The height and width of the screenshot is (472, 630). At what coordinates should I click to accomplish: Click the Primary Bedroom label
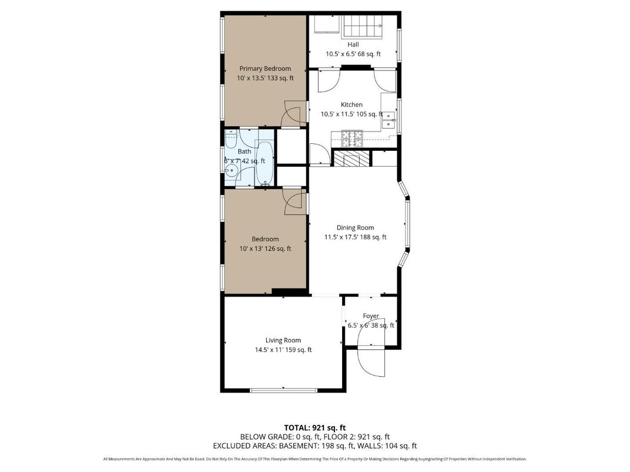click(264, 69)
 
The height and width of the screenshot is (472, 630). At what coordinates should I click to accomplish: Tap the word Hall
click(353, 44)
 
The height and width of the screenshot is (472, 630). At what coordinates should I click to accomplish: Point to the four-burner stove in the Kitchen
click(354, 139)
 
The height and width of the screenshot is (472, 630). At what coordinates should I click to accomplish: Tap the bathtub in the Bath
click(264, 163)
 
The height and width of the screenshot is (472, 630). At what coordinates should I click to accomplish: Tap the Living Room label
click(283, 340)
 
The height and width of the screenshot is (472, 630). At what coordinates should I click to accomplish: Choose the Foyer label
click(371, 316)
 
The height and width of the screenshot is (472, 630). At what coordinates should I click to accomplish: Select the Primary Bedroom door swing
click(292, 114)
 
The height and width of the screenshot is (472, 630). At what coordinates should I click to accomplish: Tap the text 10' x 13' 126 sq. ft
click(265, 248)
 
